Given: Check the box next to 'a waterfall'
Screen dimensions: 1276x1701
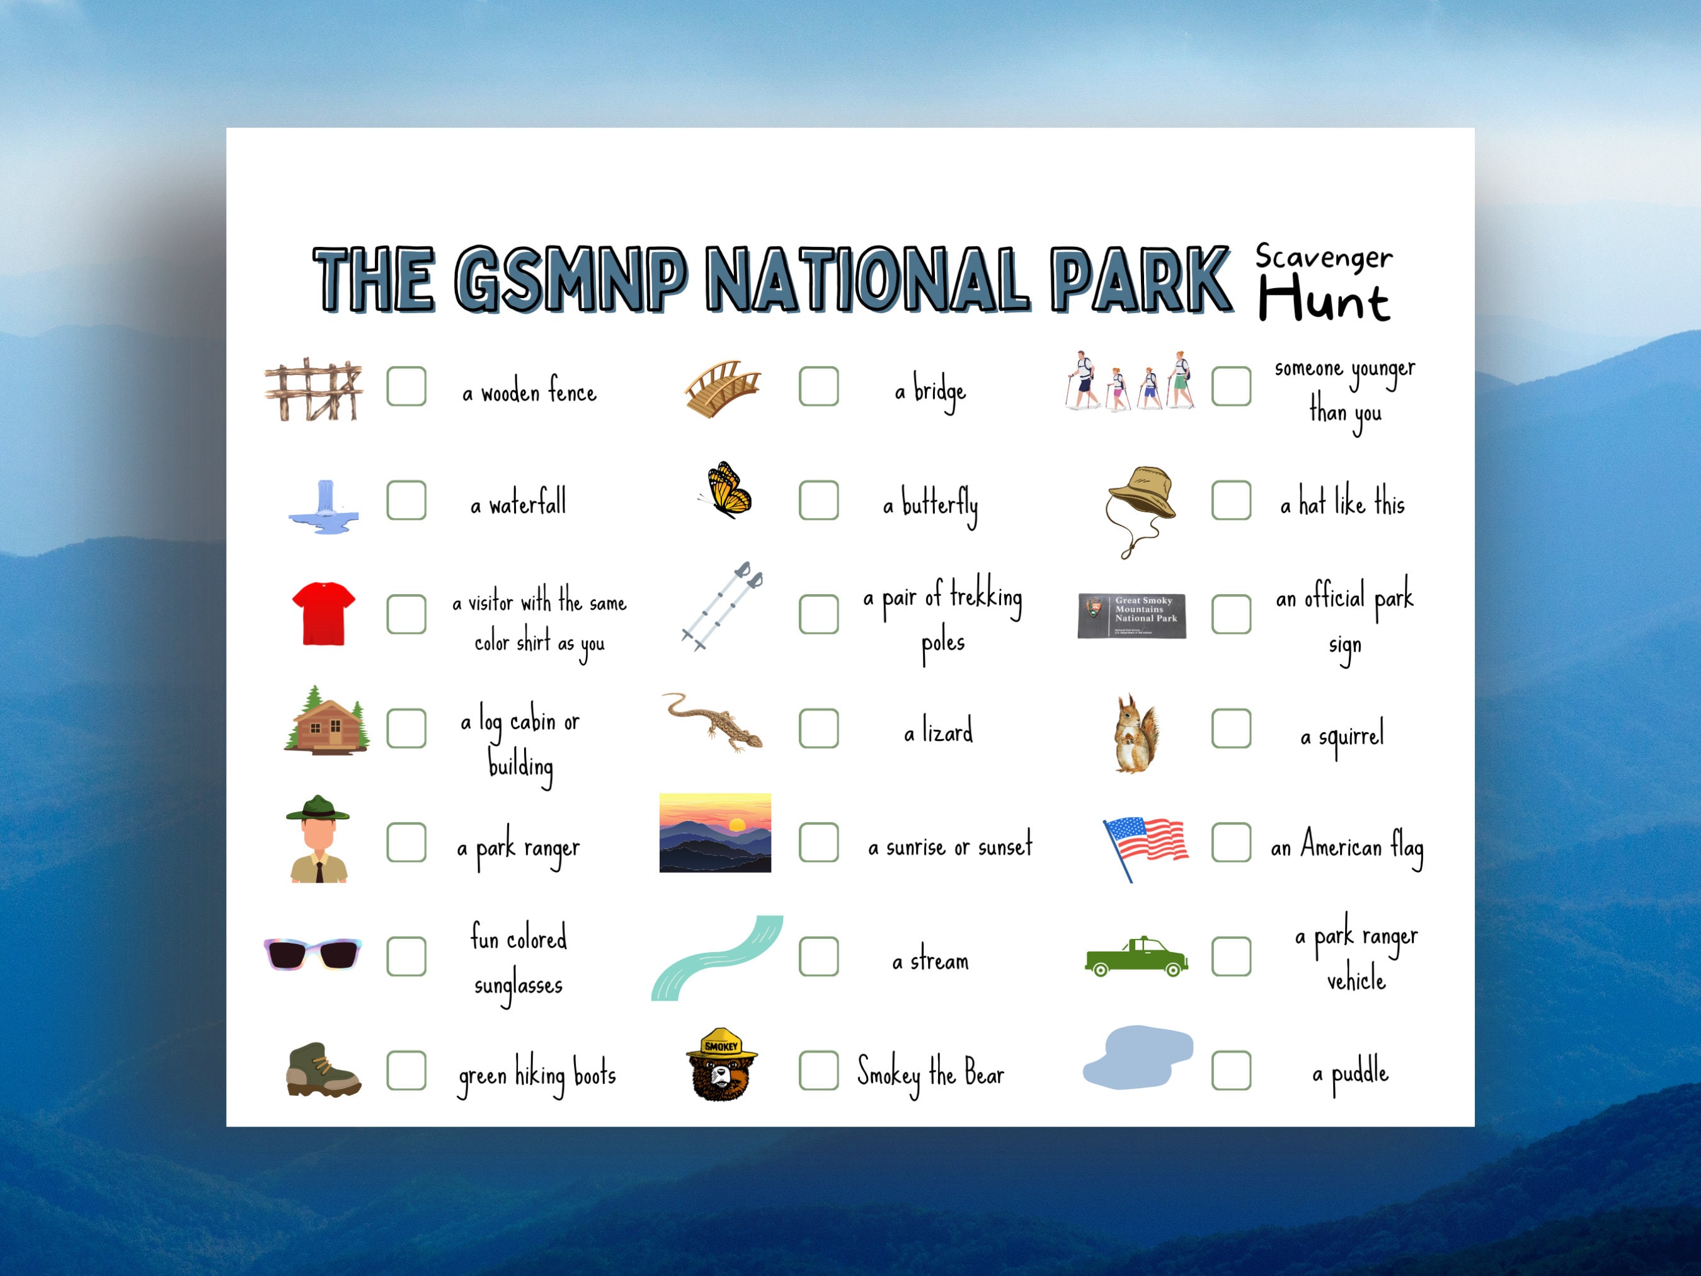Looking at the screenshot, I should click(406, 501).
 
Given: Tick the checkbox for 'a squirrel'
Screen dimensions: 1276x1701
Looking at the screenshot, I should click(1231, 728).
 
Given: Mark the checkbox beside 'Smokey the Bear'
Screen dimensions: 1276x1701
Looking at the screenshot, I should click(818, 1070).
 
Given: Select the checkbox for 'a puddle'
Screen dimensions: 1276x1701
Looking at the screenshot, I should click(1231, 1070).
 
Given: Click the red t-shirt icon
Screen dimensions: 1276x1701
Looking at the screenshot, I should click(324, 613).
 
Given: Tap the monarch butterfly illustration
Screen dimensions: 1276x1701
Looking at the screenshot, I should click(726, 490).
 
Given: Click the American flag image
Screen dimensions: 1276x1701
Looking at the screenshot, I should click(1146, 845).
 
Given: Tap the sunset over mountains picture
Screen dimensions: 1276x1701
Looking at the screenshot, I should click(714, 832).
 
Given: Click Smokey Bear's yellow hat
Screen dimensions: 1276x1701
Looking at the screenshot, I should click(721, 1043).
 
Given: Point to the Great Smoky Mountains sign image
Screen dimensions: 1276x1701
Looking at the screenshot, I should click(1131, 615).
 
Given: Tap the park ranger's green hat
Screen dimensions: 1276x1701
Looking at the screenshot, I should click(318, 808).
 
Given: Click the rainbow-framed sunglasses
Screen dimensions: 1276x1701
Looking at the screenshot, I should click(312, 954).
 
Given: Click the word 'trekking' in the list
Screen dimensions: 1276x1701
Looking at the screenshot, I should click(986, 597).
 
